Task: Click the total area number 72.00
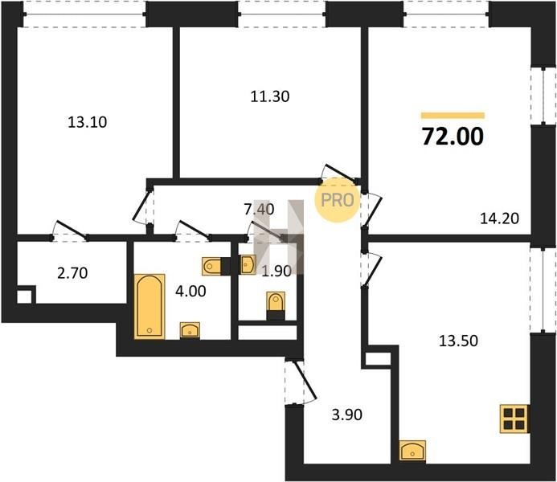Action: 453,137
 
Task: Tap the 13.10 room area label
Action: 87,122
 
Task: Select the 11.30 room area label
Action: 270,96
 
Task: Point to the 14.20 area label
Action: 499,219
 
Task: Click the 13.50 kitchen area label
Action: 459,341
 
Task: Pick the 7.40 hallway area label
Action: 259,209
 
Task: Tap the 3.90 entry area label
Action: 346,415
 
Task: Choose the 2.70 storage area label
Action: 72,273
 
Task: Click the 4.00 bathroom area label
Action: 190,292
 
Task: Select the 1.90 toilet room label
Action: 276,272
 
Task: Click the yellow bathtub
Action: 149,306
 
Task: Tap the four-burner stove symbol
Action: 514,419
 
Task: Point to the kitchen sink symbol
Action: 413,450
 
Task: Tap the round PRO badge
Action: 338,200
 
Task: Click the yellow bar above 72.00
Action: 453,115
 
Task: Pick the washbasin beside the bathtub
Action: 190,330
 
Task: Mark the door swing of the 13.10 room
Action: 71,229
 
